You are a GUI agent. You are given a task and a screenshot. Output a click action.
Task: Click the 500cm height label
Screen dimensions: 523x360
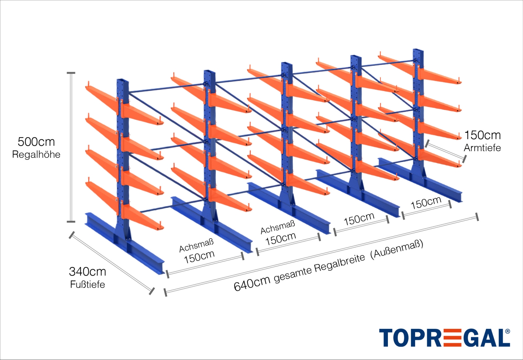point(36,142)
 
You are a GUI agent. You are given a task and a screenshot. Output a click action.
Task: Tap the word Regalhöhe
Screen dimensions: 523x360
point(36,154)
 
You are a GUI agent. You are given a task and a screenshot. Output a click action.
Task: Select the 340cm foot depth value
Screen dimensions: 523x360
point(87,272)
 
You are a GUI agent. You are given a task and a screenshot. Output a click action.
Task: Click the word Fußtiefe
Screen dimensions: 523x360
point(87,284)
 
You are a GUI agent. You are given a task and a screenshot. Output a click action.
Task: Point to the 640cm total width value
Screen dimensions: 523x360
point(252,284)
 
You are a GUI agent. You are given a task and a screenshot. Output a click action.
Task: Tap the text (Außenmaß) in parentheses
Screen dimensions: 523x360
point(398,249)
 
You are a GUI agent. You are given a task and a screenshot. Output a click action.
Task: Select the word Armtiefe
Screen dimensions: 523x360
point(482,148)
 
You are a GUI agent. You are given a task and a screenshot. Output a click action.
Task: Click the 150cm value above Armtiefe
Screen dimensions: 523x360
point(482,135)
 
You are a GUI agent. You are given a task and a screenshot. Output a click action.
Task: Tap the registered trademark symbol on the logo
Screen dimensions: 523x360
point(508,332)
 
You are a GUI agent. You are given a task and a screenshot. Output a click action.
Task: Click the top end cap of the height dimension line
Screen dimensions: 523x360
point(71,73)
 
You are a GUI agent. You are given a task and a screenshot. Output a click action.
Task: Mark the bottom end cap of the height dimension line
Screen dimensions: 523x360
point(71,222)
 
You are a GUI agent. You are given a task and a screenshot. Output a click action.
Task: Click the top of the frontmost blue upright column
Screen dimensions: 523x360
point(123,81)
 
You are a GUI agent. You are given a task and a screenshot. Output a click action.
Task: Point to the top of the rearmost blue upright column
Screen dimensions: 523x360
point(418,50)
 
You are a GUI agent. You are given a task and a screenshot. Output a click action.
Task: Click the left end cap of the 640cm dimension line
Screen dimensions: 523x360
point(165,293)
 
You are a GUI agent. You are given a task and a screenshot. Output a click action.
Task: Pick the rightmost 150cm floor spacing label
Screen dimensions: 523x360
point(426,203)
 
